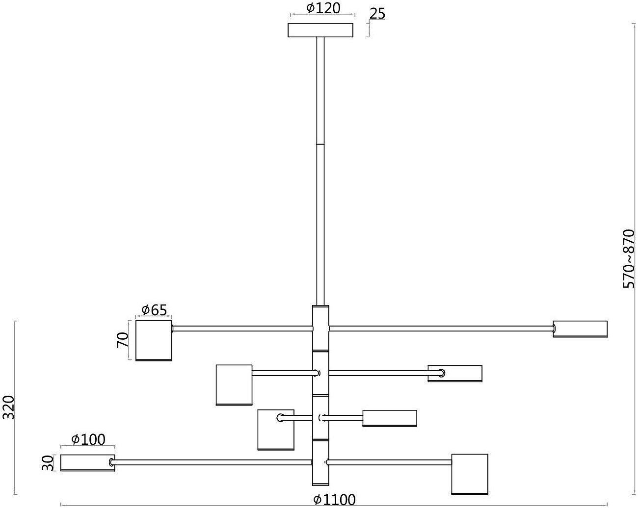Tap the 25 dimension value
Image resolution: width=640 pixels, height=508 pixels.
[x=377, y=13]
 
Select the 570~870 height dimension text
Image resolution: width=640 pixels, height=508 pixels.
[x=629, y=259]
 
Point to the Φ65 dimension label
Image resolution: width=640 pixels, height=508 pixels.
[x=154, y=310]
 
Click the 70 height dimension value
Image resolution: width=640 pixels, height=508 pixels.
[x=123, y=340]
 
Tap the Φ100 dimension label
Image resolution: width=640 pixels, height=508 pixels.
[x=88, y=439]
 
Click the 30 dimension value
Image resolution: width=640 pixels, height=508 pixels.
[x=47, y=463]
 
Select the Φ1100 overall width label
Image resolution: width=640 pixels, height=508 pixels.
[x=334, y=500]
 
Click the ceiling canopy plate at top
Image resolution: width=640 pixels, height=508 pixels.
[x=320, y=30]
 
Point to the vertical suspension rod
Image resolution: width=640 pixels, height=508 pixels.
[x=320, y=172]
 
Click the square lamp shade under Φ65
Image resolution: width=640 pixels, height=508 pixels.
[x=154, y=340]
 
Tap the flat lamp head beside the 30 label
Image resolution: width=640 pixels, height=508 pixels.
[x=87, y=463]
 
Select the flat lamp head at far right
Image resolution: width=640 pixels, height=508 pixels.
[x=580, y=329]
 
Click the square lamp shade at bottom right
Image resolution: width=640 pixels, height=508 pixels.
[x=470, y=474]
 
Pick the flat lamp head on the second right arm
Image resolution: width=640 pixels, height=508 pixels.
[x=455, y=373]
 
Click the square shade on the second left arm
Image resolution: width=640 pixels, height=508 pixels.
[x=234, y=384]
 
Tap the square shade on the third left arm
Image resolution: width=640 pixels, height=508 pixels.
[x=276, y=430]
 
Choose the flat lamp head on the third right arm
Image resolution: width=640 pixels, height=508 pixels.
[x=390, y=418]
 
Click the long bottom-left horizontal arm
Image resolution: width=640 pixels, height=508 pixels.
[x=211, y=462]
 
